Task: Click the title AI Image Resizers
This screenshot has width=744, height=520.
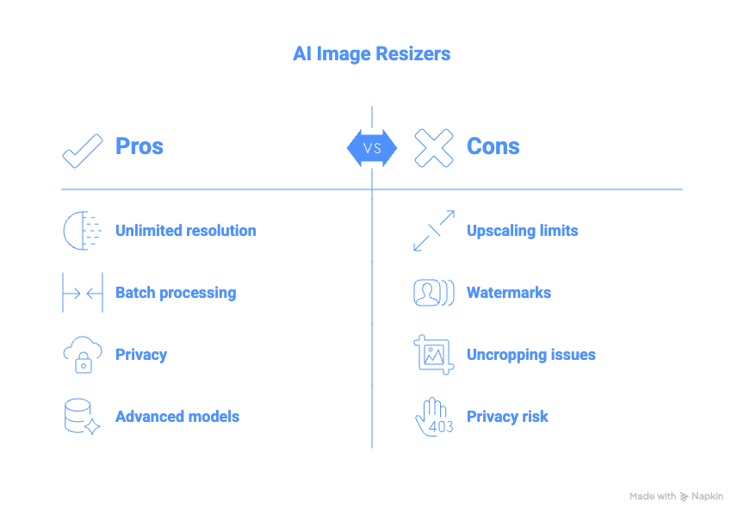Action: click(x=371, y=53)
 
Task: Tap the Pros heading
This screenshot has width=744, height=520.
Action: click(x=139, y=146)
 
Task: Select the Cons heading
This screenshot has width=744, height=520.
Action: click(x=493, y=146)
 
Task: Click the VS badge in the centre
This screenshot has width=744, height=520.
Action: click(x=372, y=148)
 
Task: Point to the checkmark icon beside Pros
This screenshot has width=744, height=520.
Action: click(x=83, y=148)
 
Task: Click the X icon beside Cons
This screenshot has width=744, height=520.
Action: click(x=433, y=148)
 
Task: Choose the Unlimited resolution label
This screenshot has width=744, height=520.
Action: click(x=185, y=231)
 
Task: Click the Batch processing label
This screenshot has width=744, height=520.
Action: click(x=176, y=293)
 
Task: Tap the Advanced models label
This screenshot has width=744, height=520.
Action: click(x=177, y=417)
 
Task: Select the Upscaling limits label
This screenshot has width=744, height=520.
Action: click(x=522, y=231)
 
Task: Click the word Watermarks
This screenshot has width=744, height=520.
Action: click(x=508, y=293)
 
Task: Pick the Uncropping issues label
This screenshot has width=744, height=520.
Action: click(x=530, y=355)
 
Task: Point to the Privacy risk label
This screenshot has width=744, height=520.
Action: click(x=507, y=417)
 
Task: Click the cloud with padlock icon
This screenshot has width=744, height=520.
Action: click(x=83, y=355)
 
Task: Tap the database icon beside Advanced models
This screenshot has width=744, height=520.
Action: click(x=82, y=417)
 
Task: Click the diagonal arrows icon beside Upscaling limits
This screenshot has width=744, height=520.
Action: click(x=433, y=231)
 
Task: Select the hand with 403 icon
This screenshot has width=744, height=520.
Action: click(x=433, y=417)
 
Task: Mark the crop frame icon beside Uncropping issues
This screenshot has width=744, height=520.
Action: click(x=433, y=355)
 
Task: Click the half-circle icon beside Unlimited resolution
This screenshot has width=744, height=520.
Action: click(x=81, y=231)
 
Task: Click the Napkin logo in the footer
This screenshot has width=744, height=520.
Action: click(x=701, y=497)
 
